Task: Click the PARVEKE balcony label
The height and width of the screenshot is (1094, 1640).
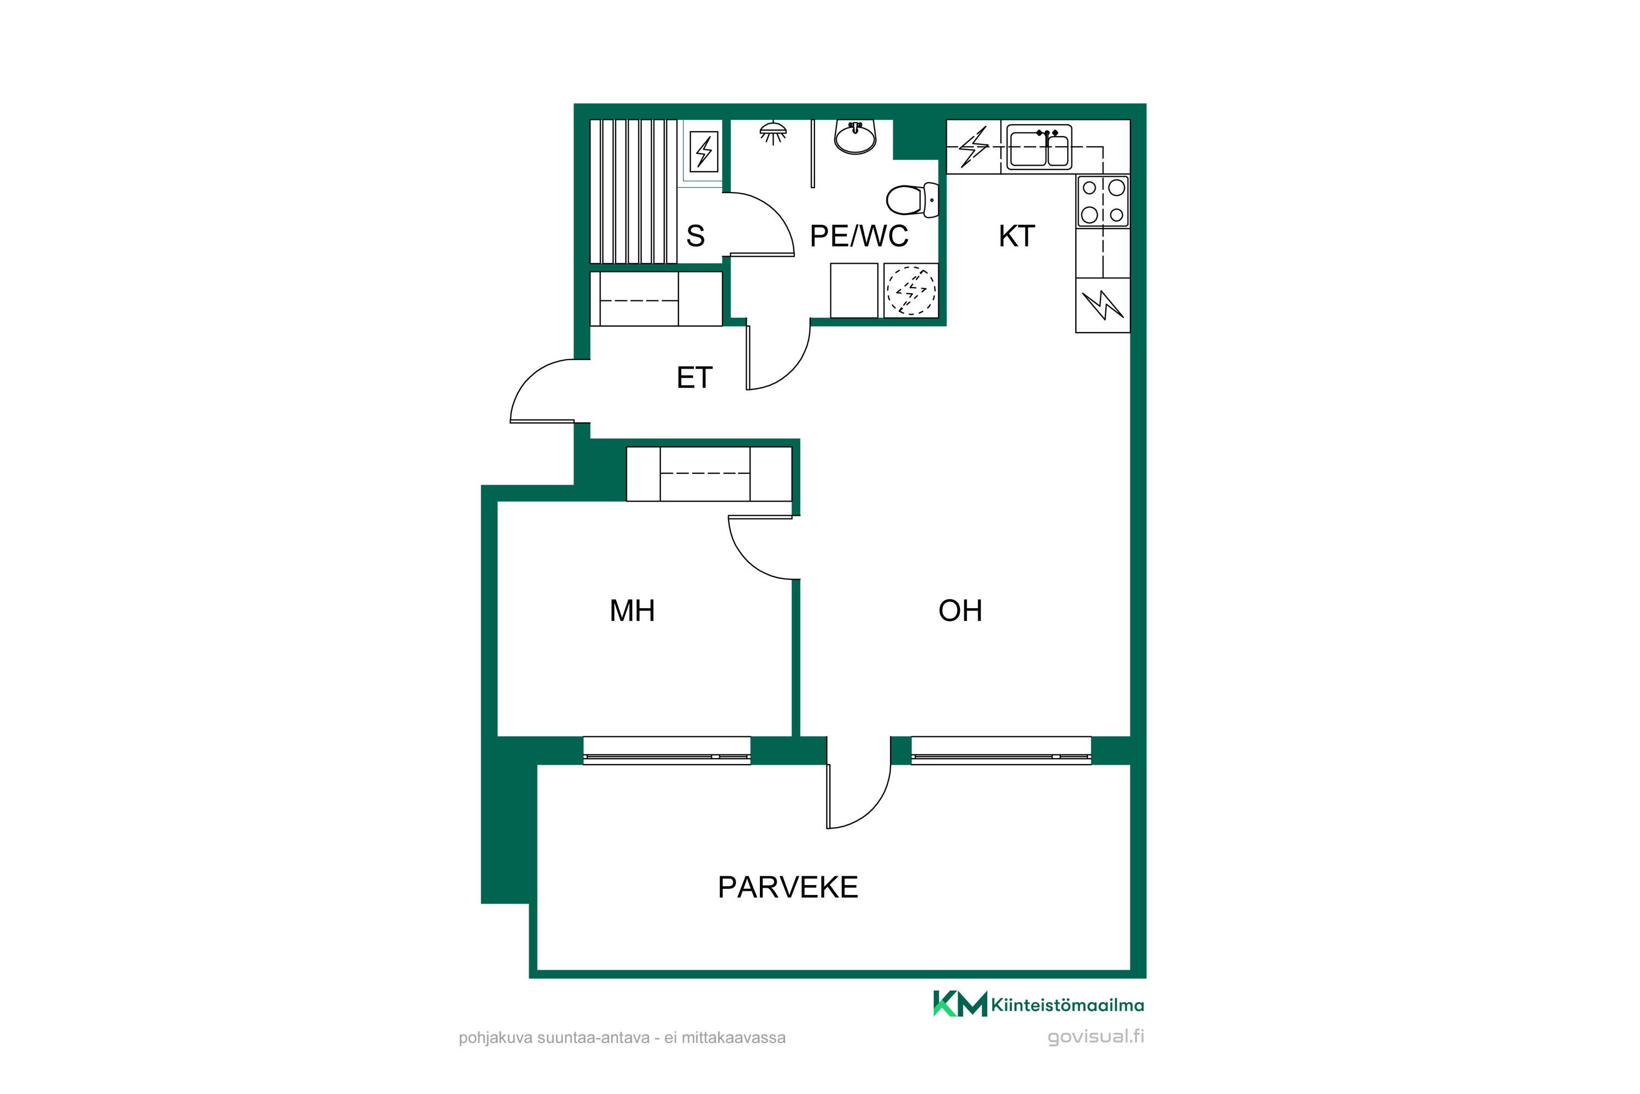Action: (x=788, y=887)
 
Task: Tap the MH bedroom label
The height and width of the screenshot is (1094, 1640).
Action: (x=632, y=610)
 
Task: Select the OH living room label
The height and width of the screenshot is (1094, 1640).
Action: (x=960, y=610)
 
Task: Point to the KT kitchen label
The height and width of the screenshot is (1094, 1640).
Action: (x=1017, y=236)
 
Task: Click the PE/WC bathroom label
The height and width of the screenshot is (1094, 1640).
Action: (x=859, y=236)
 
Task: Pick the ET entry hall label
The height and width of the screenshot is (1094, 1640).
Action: (x=694, y=377)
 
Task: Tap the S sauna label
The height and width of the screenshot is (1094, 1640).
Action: (x=695, y=236)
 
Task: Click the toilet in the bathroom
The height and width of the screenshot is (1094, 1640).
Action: (x=912, y=200)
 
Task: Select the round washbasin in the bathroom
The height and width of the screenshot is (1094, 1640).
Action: (x=855, y=137)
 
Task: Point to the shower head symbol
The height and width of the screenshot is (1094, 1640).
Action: (x=772, y=132)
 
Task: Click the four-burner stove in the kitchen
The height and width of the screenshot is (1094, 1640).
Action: (x=1103, y=201)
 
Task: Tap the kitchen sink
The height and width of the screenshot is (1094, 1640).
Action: (x=1039, y=147)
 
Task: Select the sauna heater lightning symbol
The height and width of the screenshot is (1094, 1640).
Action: (x=704, y=152)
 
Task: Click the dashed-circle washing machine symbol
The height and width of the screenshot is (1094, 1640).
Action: (x=911, y=290)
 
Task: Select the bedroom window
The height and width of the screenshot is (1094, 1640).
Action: (x=666, y=750)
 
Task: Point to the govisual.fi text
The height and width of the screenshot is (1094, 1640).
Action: (x=1096, y=1037)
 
